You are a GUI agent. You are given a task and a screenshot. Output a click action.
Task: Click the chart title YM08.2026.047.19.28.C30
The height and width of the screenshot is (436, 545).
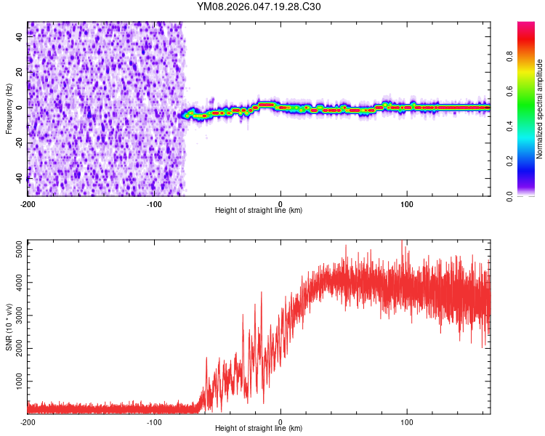(x=259, y=7)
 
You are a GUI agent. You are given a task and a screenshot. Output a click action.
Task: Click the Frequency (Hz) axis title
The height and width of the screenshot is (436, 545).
(x=9, y=109)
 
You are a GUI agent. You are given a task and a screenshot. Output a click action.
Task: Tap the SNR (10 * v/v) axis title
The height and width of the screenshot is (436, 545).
(x=9, y=326)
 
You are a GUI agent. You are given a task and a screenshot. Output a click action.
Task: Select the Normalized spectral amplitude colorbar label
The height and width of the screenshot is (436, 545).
(x=540, y=109)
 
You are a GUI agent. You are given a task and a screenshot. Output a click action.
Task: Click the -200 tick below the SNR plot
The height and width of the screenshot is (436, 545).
(x=28, y=421)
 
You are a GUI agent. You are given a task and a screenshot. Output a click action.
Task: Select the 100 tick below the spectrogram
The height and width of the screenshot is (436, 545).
(x=407, y=203)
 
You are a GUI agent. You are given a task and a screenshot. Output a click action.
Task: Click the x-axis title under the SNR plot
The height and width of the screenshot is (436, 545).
(x=259, y=429)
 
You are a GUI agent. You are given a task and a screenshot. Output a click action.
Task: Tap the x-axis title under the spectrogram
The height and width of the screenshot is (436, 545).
(x=259, y=211)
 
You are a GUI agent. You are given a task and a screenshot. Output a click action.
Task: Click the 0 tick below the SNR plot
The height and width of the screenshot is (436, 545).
(x=280, y=421)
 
